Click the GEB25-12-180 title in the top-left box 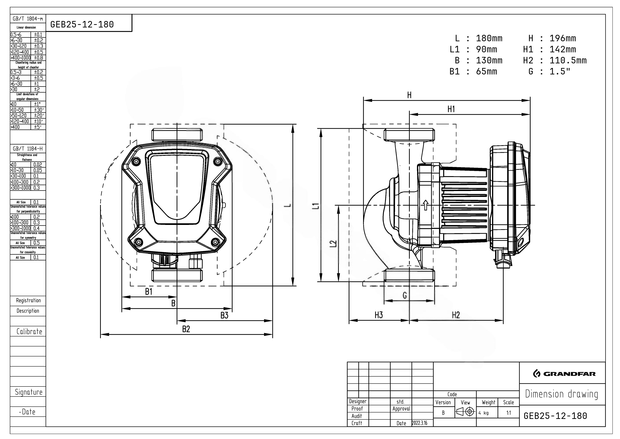[82, 25]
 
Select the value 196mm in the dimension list [563, 38]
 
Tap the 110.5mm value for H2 [568, 60]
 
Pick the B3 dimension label [224, 315]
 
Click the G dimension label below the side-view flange [405, 295]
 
